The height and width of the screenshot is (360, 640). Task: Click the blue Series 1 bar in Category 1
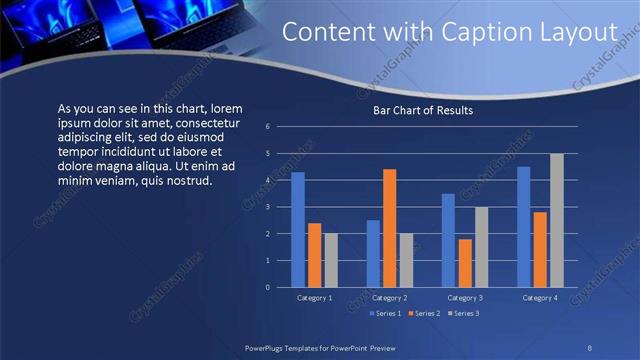pyautogui.click(x=297, y=230)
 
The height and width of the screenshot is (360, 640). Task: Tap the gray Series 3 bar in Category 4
pyautogui.click(x=557, y=220)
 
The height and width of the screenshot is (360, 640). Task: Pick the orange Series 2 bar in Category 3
pyautogui.click(x=465, y=263)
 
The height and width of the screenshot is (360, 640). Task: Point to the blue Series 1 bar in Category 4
pyautogui.click(x=523, y=227)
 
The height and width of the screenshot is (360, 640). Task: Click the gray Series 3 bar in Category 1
pyautogui.click(x=331, y=260)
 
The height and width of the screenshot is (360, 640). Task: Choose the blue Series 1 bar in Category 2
pyautogui.click(x=373, y=253)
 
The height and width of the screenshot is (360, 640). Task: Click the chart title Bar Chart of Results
pyautogui.click(x=422, y=110)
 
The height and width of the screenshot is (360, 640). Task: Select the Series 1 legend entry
pyautogui.click(x=387, y=314)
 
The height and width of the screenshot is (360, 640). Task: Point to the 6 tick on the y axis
pyautogui.click(x=268, y=127)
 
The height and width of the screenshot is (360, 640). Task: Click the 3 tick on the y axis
pyautogui.click(x=268, y=207)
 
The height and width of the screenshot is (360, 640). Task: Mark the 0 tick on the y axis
pyautogui.click(x=268, y=287)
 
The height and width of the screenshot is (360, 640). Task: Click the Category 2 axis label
pyautogui.click(x=389, y=298)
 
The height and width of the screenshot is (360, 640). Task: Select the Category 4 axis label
pyautogui.click(x=540, y=298)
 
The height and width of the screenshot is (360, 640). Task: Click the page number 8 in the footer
pyautogui.click(x=589, y=346)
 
